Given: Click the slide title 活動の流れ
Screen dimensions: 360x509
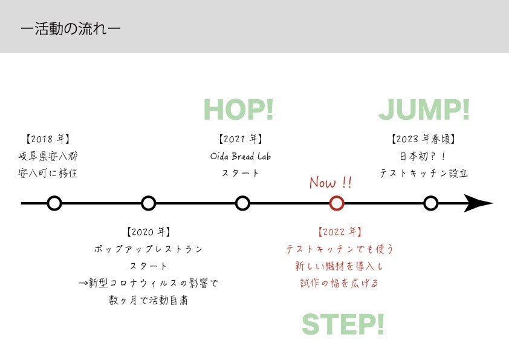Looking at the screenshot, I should tap(70, 29).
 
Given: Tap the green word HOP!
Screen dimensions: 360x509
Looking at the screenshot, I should tap(238, 110).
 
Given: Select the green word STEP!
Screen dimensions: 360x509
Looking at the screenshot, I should tap(343, 324).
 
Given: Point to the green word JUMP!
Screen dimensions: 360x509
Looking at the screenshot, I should tap(424, 110).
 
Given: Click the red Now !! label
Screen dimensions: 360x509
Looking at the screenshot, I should tap(330, 183).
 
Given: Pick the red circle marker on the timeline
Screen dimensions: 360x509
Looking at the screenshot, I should tap(337, 203).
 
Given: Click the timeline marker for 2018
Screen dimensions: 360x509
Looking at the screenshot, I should tap(54, 203).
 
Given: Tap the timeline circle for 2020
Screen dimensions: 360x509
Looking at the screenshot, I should tap(148, 203).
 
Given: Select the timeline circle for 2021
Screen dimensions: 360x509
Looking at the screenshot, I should tap(242, 203).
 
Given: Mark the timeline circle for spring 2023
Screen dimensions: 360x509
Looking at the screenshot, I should tap(430, 203).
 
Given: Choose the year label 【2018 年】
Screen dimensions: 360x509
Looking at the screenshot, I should tap(48, 139).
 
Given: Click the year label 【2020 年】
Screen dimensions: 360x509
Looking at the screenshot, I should tap(148, 232).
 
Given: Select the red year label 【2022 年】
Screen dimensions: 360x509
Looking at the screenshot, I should tap(339, 232).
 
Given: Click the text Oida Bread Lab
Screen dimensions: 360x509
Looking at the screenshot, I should tap(241, 156).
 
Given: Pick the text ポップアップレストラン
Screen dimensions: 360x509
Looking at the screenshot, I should tap(148, 249).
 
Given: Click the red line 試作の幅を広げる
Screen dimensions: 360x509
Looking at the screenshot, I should tap(339, 283).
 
